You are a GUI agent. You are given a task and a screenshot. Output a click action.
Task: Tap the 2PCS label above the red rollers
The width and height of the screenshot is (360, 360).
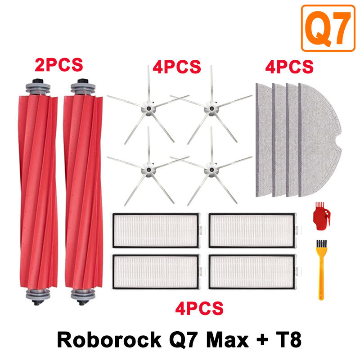click(x=59, y=64)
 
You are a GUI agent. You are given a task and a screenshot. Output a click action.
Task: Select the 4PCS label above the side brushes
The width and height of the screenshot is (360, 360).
click(x=176, y=67)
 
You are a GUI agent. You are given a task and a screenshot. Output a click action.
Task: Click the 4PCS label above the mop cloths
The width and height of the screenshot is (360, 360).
click(x=289, y=67)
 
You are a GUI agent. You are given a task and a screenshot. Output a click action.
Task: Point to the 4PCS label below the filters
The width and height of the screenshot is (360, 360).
click(x=199, y=309)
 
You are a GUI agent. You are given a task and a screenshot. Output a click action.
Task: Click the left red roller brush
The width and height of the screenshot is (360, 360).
click(x=39, y=189)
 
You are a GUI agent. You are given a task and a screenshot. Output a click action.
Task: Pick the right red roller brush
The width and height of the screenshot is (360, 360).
click(x=83, y=189)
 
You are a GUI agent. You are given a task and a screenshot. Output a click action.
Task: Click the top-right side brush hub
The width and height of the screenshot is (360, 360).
click(x=209, y=108)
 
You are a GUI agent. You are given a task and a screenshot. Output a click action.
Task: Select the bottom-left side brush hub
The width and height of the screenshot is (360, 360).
click(x=147, y=170)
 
